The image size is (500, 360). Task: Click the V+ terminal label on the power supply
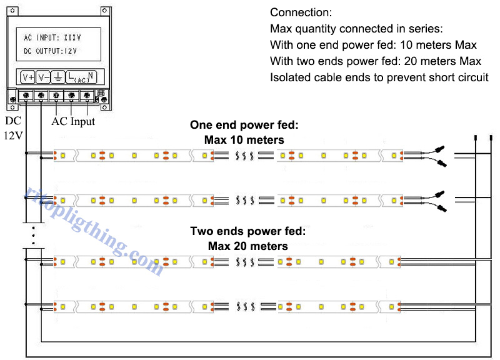click(27, 77)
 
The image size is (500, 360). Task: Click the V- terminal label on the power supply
click(42, 77)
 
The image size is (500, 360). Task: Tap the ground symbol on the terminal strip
click(57, 77)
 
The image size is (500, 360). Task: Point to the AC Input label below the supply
click(72, 121)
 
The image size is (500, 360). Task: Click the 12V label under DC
click(13, 135)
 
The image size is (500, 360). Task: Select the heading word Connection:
click(301, 12)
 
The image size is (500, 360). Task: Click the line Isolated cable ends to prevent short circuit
click(379, 77)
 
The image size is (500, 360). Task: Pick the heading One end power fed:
click(244, 125)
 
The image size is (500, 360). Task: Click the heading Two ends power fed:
click(247, 231)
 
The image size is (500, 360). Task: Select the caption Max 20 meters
click(247, 246)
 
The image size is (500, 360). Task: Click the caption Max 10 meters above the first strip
click(244, 140)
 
